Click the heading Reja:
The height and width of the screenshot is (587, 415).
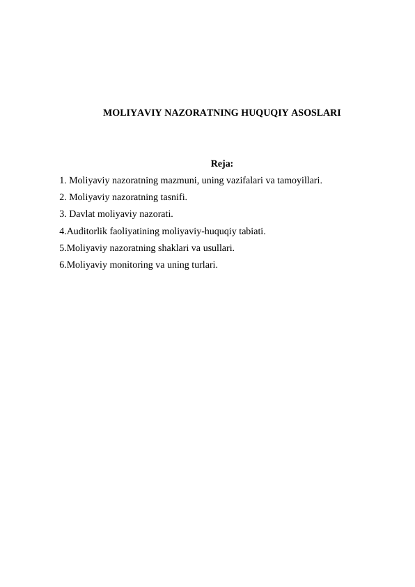pos(221,165)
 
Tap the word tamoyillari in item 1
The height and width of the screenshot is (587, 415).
pos(299,180)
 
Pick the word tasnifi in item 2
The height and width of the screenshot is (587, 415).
pos(172,197)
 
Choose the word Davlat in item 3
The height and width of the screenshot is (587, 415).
pos(82,213)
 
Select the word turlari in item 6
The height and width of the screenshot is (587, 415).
pos(202,264)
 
